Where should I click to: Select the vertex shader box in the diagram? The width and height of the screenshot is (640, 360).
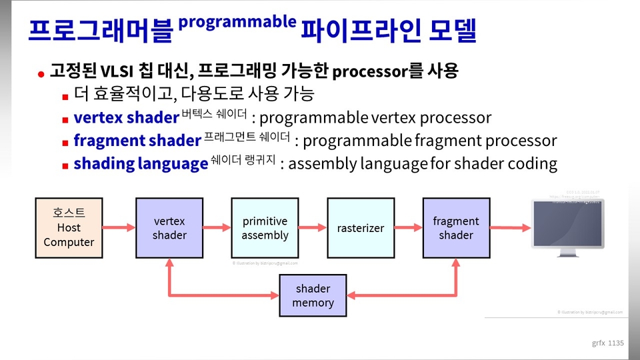169,228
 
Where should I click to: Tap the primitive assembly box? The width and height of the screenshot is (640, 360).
265,228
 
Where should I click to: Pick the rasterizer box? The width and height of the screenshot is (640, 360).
360,228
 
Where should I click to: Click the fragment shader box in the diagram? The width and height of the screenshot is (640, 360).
456,228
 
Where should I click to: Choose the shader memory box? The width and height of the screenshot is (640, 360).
313,296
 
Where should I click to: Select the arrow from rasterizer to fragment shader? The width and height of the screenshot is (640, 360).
408,228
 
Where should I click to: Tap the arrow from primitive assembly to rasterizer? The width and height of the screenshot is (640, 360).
313,228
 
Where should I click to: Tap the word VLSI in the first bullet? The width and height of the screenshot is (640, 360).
120,71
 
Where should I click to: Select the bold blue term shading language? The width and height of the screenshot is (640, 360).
141,163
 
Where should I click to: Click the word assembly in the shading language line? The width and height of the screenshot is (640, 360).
323,163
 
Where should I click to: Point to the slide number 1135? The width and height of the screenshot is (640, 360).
615,343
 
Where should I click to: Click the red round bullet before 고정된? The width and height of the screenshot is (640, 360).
41,73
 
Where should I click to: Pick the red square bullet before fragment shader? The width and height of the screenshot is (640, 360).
65,143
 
